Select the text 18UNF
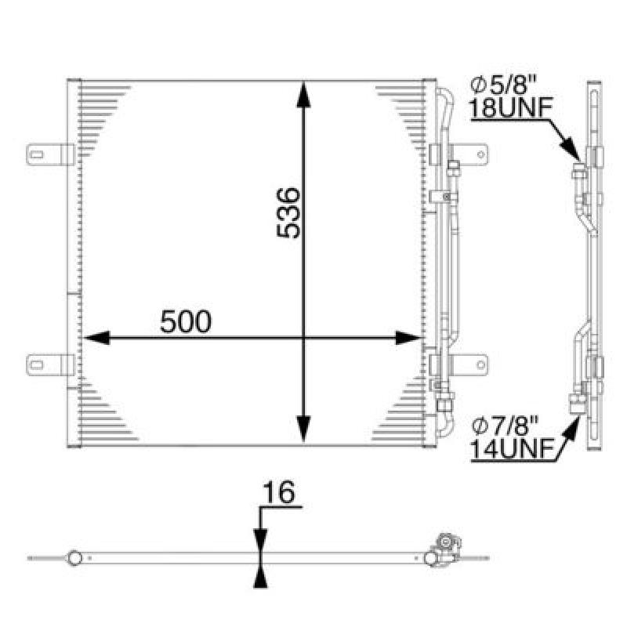[x=502, y=109]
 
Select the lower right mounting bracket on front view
[x=469, y=364]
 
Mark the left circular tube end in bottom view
[x=74, y=558]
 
